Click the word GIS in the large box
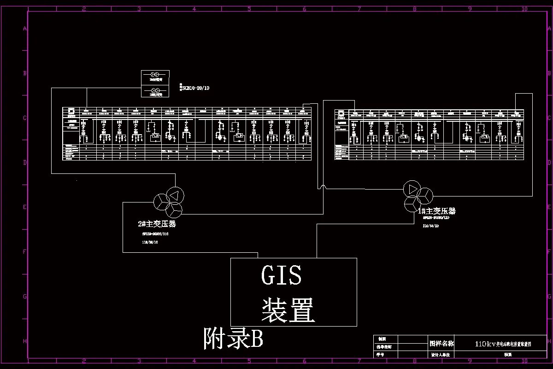point(281,275)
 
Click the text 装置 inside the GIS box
point(288,309)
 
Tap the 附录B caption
point(233,339)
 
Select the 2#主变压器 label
point(157,224)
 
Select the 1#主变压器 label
point(437,211)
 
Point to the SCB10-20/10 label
point(195,88)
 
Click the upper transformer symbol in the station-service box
point(155,75)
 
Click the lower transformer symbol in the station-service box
point(155,90)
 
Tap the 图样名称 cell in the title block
point(441,344)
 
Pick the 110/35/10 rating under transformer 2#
point(150,242)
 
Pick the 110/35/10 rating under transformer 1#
point(430,226)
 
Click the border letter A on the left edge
point(25,29)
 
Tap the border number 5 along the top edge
point(249,9)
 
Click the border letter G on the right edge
point(549,297)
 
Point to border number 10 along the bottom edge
point(524,361)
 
